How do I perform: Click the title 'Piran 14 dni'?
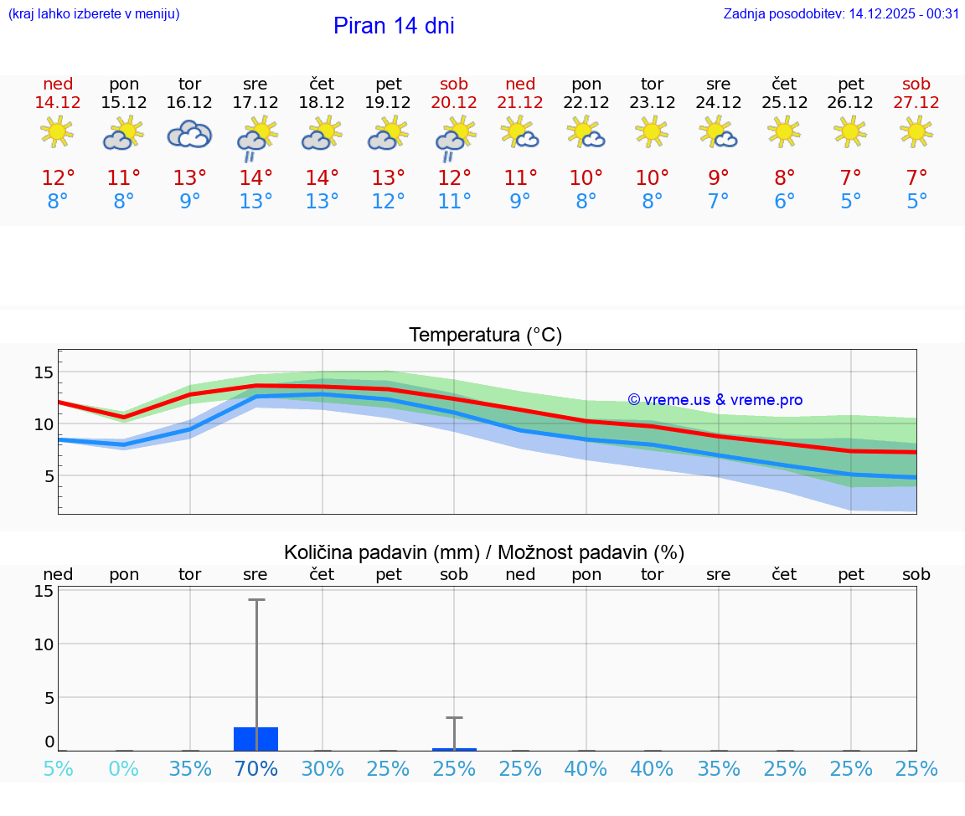point(394,26)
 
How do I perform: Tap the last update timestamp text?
point(841,13)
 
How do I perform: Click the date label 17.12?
point(255,102)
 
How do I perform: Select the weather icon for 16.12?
point(189,134)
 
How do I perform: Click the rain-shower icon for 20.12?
point(454,137)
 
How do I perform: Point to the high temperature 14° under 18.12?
point(322,177)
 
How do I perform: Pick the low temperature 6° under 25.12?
point(785,201)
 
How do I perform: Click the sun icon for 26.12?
point(851,131)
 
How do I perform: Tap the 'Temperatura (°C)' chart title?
point(486,336)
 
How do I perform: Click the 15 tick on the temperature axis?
point(44,372)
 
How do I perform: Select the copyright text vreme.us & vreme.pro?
point(715,400)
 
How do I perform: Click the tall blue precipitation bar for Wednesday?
point(255,739)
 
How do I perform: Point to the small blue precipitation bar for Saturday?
point(454,749)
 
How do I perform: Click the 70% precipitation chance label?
point(255,769)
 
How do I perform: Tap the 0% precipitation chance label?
point(124,769)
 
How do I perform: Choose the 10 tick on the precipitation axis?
point(44,644)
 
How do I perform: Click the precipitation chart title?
point(484,552)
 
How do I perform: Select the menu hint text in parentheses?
point(94,13)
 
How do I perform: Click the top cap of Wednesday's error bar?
point(255,599)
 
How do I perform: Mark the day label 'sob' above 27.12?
point(916,84)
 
